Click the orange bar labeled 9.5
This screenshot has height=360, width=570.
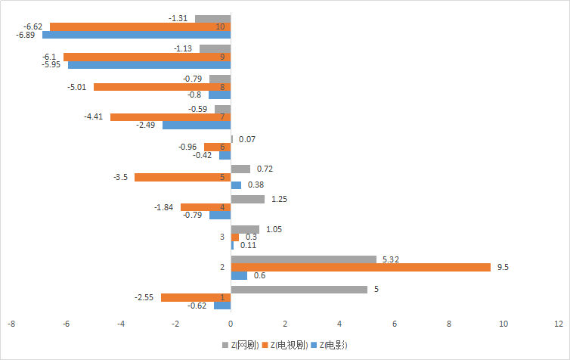(361, 267)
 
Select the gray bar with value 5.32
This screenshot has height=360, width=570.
(303, 259)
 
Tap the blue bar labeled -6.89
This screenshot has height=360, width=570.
(136, 35)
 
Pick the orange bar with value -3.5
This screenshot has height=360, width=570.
(182, 177)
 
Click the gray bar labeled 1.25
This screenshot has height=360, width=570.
(247, 199)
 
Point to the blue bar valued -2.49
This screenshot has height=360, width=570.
(197, 125)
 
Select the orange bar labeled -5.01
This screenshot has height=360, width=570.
(162, 87)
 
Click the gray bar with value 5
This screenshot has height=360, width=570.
(299, 289)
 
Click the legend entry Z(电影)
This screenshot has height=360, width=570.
(333, 345)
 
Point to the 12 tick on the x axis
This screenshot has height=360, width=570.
(558, 323)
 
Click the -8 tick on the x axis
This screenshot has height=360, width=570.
(11, 323)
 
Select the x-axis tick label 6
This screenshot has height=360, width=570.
(394, 323)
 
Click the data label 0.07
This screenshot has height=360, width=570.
(246, 139)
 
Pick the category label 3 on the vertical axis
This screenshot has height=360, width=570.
(221, 237)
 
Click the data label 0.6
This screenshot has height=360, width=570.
(259, 275)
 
